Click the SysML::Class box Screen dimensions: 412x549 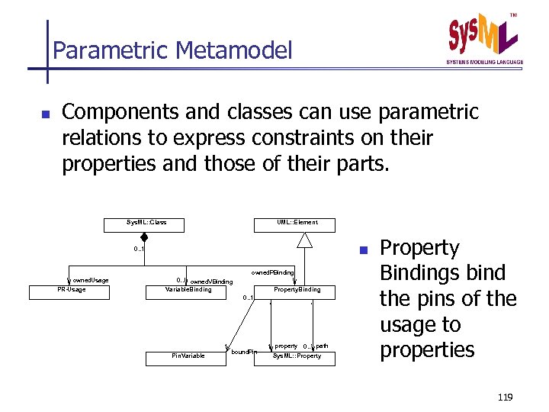tap(146, 224)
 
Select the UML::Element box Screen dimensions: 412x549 tap(297, 224)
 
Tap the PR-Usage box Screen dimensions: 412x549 tap(72, 290)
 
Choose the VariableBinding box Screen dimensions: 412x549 tap(188, 290)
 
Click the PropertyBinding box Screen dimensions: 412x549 tap(297, 290)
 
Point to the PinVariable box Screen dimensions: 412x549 tap(188, 356)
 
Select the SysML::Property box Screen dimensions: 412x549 tap(297, 356)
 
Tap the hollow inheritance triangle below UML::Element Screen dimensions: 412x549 tap(305, 240)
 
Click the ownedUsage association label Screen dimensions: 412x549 tap(91, 281)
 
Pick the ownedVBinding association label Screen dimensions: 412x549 tap(210, 282)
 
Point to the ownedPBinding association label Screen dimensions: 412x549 tap(272, 272)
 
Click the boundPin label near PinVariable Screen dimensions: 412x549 tap(244, 352)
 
